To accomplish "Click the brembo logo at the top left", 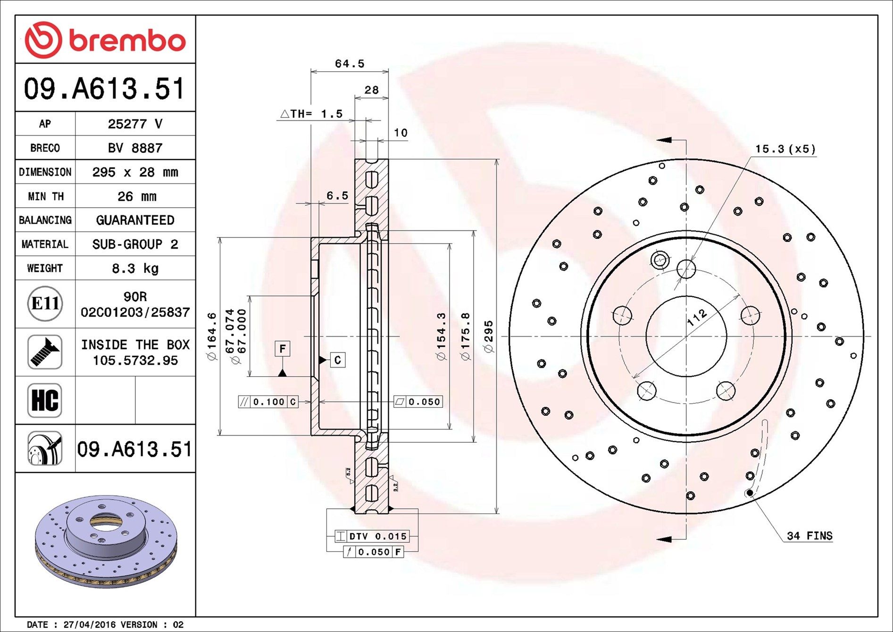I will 105,40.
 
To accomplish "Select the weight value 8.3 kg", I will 135,269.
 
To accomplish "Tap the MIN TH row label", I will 45,196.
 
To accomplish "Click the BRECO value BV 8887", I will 135,148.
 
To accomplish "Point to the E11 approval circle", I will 45,303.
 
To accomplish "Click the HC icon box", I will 45,400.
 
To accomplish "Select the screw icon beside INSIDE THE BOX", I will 45,352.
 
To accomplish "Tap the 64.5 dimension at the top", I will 350,64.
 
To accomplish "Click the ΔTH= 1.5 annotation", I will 311,114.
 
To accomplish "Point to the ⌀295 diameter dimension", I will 489,336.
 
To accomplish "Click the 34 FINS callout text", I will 809,536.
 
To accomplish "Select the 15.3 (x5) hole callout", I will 785,149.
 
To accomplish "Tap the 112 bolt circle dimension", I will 697,317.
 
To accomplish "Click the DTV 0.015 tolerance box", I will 372,536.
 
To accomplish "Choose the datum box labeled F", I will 282,349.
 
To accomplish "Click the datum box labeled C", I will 337,360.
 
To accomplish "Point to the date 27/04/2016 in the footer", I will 89,624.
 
